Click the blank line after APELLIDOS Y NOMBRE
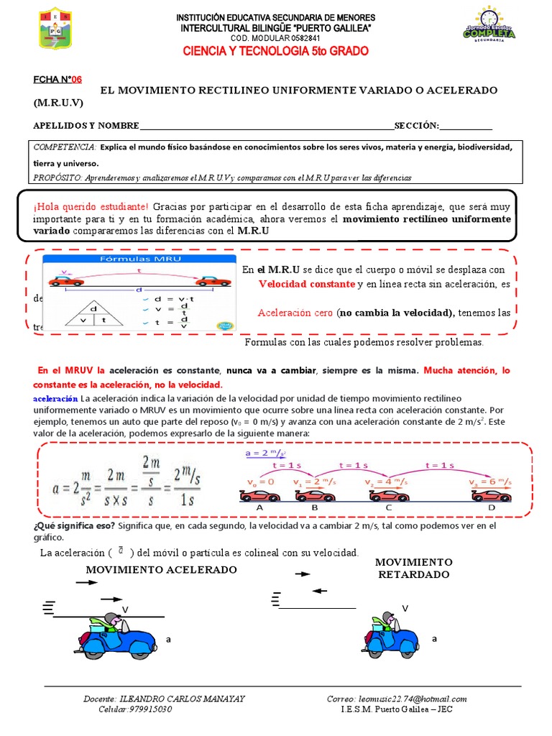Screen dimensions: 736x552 pyautogui.click(x=266, y=126)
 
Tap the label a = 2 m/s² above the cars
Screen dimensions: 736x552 pyautogui.click(x=265, y=454)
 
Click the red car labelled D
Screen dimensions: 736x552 pyautogui.click(x=492, y=495)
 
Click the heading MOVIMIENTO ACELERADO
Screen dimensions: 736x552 pyautogui.click(x=161, y=569)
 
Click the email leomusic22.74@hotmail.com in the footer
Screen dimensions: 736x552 pyautogui.click(x=397, y=699)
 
